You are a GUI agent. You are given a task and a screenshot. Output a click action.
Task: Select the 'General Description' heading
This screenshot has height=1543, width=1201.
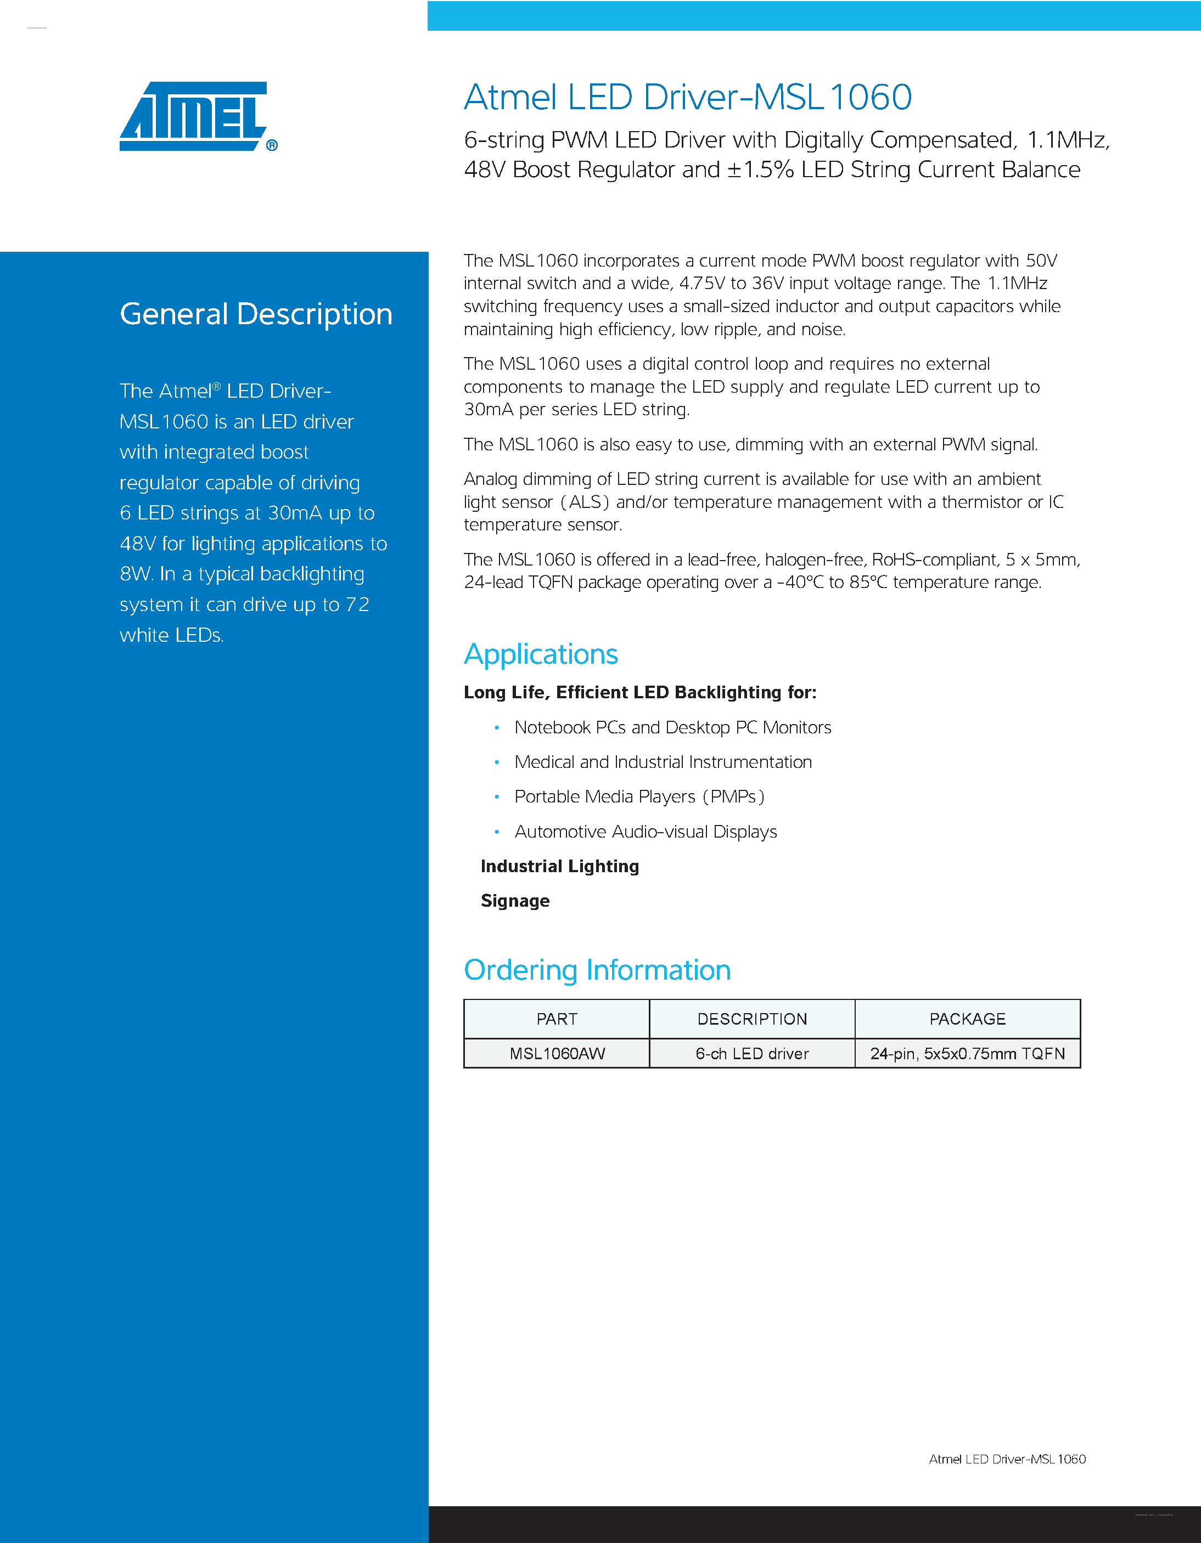[x=256, y=314]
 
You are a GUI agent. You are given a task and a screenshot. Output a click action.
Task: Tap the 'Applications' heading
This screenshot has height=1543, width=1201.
[x=541, y=654]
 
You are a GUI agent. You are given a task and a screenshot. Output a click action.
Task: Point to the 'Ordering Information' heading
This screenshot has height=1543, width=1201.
[x=597, y=970]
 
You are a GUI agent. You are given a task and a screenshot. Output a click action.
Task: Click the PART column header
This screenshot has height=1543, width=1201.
[x=557, y=1019]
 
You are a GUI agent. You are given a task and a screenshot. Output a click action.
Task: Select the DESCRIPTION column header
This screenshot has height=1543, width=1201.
[x=752, y=1019]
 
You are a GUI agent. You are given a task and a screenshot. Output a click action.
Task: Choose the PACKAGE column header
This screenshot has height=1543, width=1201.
[x=967, y=1019]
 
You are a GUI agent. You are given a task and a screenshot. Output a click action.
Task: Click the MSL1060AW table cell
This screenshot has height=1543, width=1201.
[x=557, y=1053]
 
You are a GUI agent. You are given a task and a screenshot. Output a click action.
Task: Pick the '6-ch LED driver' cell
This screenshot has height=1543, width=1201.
[x=752, y=1053]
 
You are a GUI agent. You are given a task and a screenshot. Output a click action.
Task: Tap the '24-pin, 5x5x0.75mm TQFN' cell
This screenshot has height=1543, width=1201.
[x=967, y=1053]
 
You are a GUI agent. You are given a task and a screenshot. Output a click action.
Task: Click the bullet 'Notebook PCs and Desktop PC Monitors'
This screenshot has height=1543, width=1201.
[x=672, y=728]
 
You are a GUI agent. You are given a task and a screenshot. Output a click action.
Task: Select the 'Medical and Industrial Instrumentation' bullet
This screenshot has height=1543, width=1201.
[x=663, y=762]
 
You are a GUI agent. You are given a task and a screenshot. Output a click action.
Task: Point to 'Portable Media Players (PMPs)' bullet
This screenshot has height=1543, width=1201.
[x=639, y=797]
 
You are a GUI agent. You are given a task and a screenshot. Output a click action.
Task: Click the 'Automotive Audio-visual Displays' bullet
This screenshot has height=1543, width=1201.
[x=646, y=832]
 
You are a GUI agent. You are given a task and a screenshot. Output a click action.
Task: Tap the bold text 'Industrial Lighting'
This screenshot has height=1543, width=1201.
[x=559, y=866]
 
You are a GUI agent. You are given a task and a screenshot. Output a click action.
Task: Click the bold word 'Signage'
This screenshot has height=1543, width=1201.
[x=515, y=901]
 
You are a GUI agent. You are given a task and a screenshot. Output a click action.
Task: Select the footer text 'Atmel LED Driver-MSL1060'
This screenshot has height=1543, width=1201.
[x=1007, y=1459]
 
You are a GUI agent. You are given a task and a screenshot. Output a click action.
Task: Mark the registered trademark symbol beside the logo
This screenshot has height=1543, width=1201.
[x=272, y=145]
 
